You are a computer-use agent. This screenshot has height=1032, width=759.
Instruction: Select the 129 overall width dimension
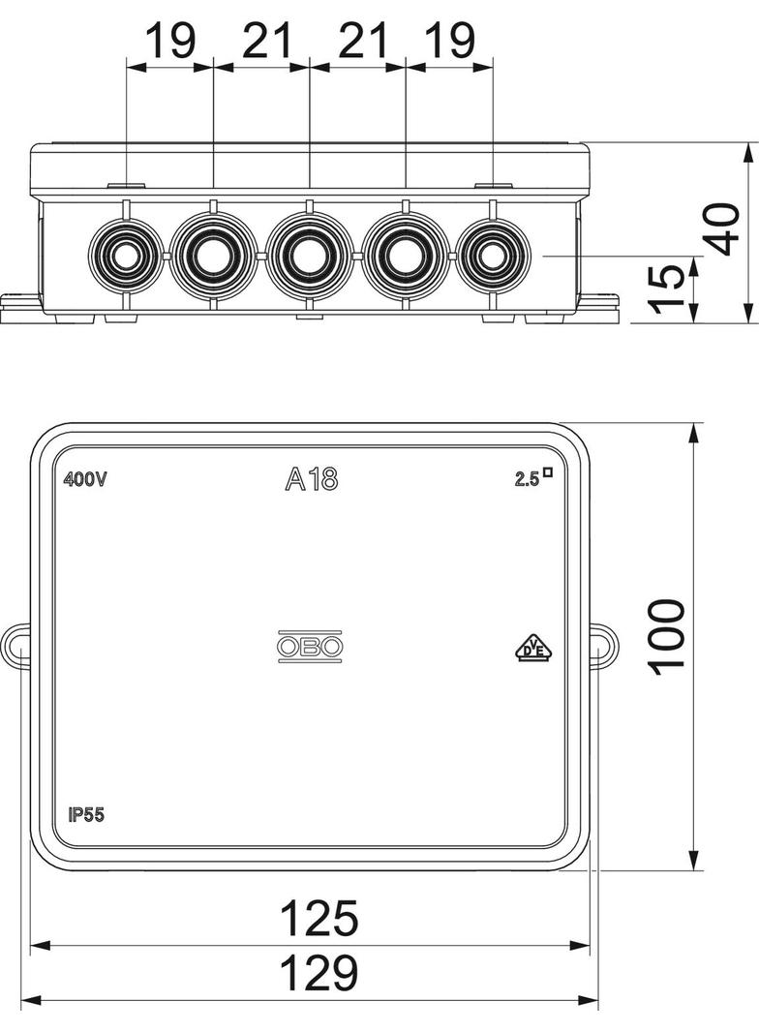pyautogui.click(x=319, y=973)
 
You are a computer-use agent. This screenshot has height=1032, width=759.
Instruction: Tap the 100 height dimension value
pyautogui.click(x=667, y=636)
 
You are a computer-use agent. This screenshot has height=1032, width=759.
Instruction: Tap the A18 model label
pyautogui.click(x=312, y=480)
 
